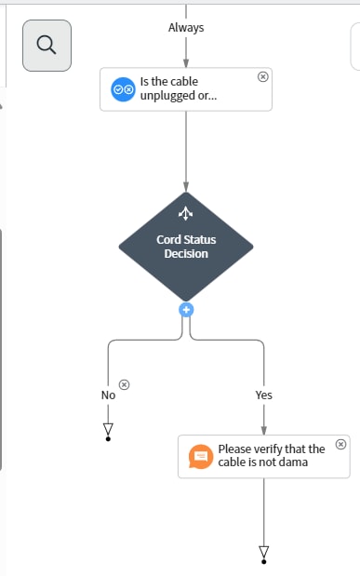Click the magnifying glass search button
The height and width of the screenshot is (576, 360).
pos(47,45)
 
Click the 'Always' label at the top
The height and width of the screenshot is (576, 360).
pos(186,28)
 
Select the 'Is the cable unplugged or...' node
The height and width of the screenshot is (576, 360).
pos(186,88)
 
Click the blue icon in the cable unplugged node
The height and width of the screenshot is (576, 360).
pos(123,88)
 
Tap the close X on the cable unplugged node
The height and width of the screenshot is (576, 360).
pos(262,76)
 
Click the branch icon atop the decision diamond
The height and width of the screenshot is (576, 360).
pos(185,213)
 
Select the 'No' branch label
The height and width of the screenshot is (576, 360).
pos(108,395)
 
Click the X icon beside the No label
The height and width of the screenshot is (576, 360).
pos(126,384)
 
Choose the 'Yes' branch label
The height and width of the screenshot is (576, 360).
pos(263,395)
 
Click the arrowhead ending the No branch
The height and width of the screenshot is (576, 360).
pos(108,429)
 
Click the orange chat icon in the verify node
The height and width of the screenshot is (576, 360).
pos(200,456)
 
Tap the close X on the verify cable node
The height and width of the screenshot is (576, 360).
pos(340,444)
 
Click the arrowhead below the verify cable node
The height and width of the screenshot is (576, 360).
pos(264,553)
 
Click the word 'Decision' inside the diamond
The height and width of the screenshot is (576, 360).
pos(186,253)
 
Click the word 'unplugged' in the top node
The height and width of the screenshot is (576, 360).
pos(165,95)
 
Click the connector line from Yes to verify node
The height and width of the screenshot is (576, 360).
pos(264,418)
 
